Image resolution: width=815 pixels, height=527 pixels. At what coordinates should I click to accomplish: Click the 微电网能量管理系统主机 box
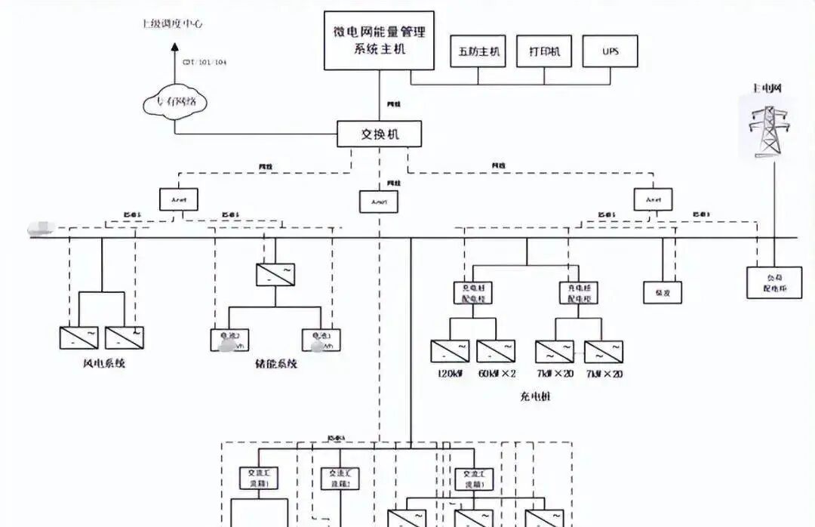point(379,40)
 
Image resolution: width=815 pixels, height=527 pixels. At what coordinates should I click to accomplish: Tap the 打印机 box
point(544,51)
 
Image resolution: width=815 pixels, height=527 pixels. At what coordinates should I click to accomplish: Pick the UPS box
point(610,51)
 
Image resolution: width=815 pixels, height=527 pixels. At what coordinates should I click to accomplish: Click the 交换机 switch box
point(379,134)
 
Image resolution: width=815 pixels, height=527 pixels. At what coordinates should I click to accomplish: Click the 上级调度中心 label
point(172,24)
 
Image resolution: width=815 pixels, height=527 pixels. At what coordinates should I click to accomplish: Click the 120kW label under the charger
point(450,374)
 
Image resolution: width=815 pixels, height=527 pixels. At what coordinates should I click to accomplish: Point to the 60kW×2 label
point(497,374)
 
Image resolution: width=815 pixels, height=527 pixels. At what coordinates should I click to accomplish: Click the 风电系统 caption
point(103,363)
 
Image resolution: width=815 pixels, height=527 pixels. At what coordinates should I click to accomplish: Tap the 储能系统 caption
point(276,363)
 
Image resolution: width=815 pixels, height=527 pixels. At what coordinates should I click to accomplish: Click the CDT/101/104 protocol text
point(204,62)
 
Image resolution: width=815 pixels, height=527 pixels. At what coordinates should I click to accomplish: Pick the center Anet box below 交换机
point(379,202)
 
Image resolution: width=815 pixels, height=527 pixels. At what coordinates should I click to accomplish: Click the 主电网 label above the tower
point(766,88)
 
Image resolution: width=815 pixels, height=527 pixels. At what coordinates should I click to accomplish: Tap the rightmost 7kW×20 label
point(604,374)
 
